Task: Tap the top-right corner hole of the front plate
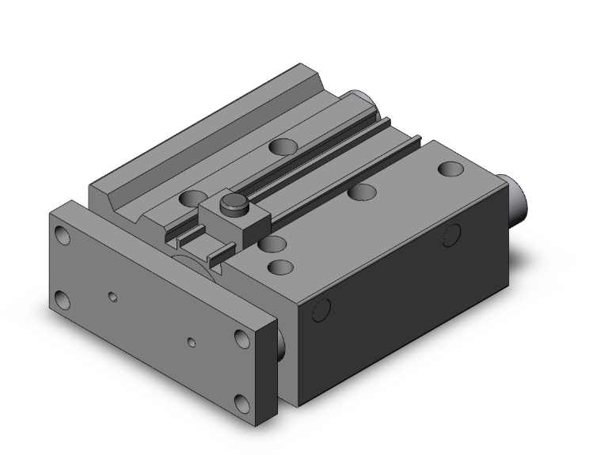click(x=241, y=338)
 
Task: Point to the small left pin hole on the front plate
click(x=113, y=298)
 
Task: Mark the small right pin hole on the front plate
click(x=192, y=343)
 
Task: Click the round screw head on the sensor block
click(x=230, y=204)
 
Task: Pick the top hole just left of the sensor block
click(x=190, y=198)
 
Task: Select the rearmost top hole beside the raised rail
click(x=279, y=146)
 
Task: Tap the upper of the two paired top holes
click(x=274, y=243)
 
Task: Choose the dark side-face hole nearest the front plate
click(x=321, y=311)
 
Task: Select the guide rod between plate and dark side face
click(x=281, y=340)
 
